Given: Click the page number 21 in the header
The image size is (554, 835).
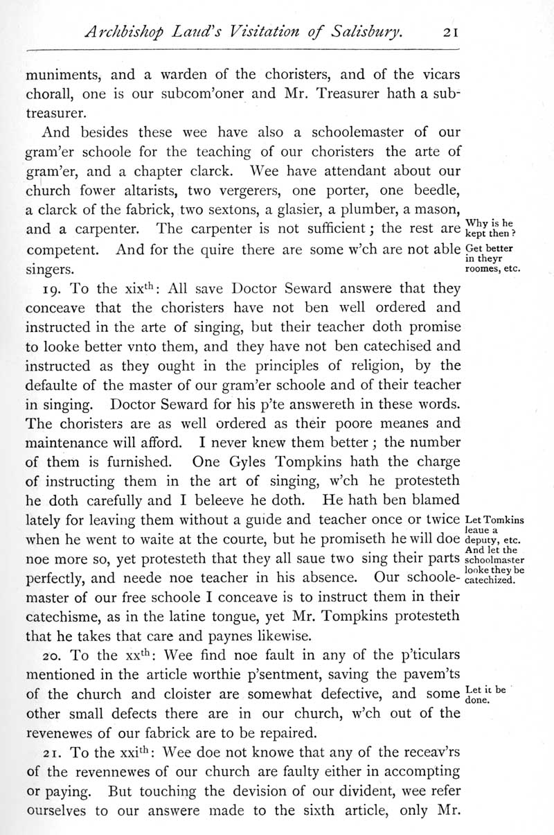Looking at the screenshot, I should point(439,31).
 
